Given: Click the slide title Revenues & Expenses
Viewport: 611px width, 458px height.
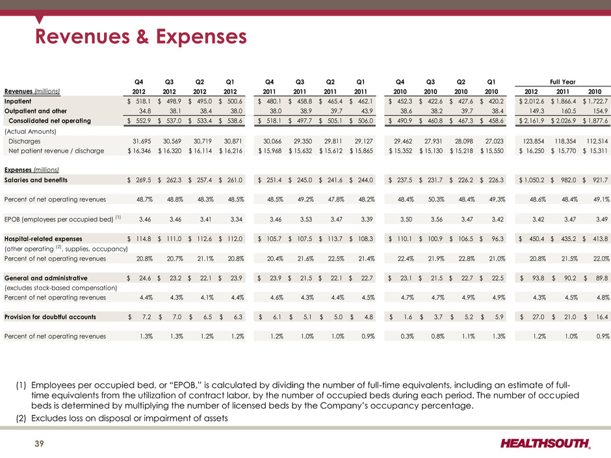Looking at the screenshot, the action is coord(140,36).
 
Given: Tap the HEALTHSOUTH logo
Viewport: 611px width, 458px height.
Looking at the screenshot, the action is coord(545,443).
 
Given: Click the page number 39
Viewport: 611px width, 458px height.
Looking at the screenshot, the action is coord(40,444).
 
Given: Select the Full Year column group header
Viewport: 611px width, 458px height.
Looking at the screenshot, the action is coord(562,82).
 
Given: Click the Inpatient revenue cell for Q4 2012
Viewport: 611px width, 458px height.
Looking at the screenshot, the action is coord(139,101).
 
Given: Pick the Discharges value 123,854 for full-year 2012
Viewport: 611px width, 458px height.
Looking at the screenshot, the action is coord(532,141).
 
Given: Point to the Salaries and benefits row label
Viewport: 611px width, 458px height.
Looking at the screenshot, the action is coord(36,180).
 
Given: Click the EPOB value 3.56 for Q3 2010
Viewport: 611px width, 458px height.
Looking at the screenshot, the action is coord(436,220).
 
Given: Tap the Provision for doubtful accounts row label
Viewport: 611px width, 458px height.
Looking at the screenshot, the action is coord(50,317).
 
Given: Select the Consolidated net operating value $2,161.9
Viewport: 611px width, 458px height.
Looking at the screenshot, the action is coord(531,121).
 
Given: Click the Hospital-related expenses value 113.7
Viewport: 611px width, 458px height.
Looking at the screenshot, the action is coord(330,238).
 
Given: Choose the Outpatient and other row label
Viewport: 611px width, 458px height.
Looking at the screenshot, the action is coord(36,111).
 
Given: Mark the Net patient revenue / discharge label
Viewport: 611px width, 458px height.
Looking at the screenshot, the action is coord(56,151).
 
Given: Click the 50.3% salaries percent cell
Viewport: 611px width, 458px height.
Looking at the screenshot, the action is coord(436,199).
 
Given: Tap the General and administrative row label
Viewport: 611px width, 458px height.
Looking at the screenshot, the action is coord(45,278).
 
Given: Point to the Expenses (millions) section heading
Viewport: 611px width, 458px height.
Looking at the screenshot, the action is coord(32,170).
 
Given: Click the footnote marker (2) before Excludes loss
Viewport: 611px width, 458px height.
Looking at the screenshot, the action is coord(21,418).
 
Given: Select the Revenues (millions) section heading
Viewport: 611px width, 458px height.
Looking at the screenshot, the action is coord(32,91).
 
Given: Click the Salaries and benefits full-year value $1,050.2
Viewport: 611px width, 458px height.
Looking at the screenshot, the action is coord(531,180).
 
